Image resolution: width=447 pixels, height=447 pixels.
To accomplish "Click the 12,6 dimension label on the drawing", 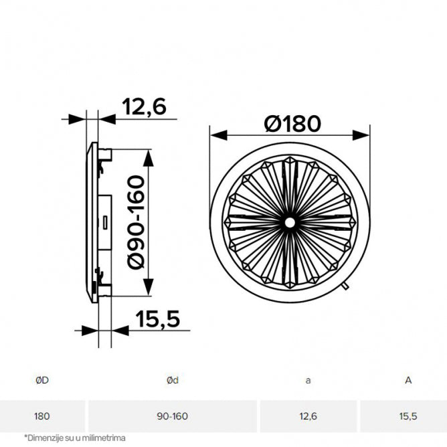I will coord(143,106).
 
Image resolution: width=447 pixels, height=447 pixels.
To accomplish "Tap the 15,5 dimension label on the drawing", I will coord(158,320).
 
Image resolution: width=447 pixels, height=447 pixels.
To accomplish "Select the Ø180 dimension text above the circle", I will coord(292,123).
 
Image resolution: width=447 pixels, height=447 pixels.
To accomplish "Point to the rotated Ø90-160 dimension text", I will coord(135,221).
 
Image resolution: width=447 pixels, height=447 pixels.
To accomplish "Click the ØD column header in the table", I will coord(42,380).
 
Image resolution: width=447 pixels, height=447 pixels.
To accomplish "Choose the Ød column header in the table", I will coord(172,380).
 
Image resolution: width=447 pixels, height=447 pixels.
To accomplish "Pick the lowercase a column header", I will coord(308,380).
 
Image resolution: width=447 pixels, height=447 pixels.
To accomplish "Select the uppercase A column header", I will coord(408,380).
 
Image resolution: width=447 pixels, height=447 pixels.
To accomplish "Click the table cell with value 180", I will coord(42,416).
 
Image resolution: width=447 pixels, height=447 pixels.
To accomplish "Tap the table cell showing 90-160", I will coord(172,416).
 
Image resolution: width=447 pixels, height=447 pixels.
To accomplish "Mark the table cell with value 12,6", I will coord(308,416).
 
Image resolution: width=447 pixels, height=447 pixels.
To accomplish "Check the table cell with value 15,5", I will coord(408,416).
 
